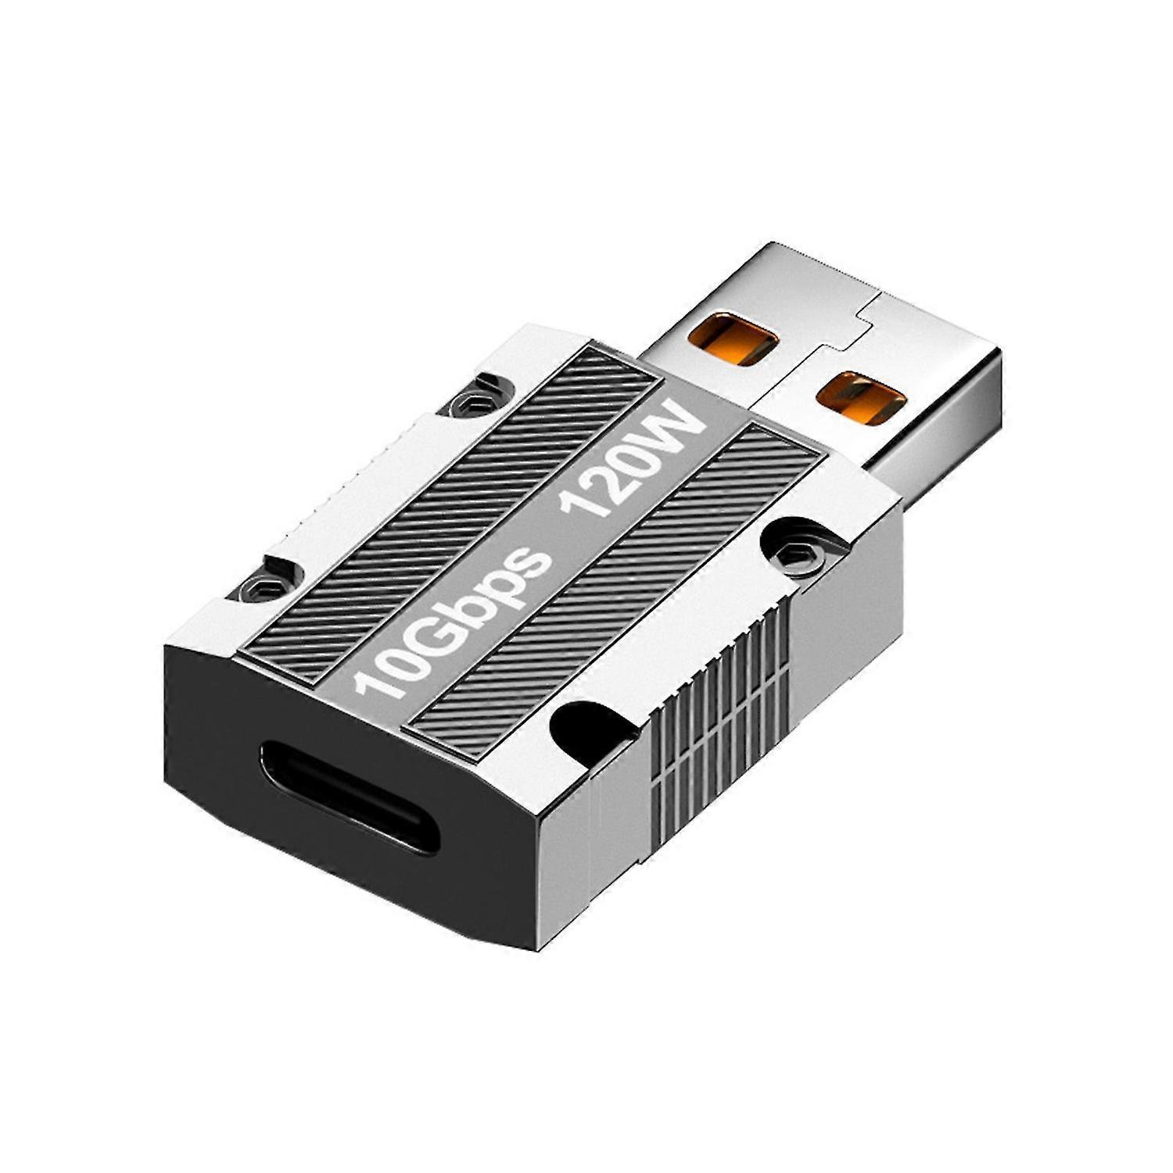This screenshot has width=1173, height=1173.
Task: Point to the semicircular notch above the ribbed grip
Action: (587, 728)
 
